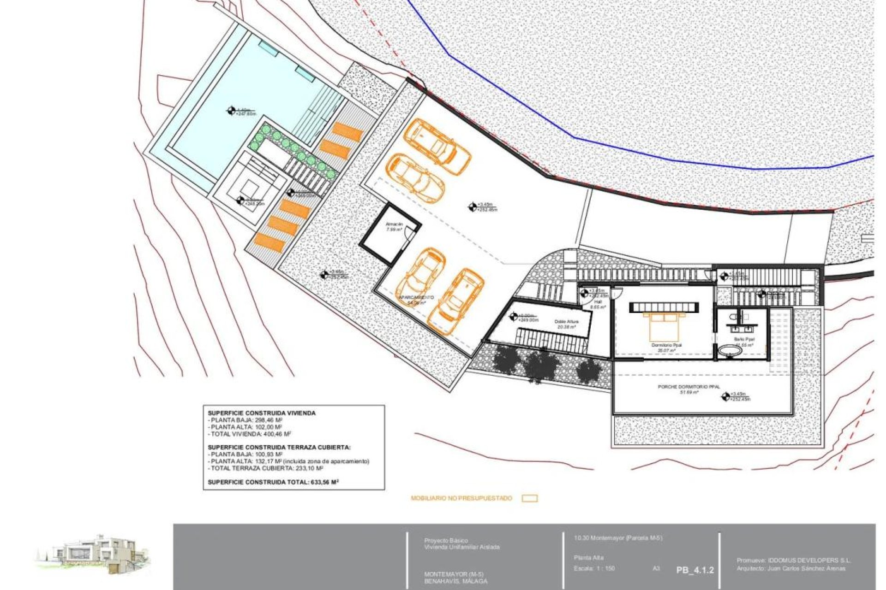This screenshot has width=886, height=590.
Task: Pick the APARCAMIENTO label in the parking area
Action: pos(416,298)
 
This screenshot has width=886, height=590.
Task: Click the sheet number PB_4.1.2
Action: pos(695,570)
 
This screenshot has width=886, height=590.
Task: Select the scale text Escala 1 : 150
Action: pos(594,568)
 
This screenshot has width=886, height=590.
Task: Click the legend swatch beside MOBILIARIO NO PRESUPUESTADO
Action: pos(530,498)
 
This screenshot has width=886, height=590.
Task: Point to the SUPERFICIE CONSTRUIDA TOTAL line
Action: pos(273,482)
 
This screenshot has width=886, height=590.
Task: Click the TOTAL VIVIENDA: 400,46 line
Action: pos(250,434)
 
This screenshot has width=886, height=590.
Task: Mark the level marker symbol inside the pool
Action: pos(231,110)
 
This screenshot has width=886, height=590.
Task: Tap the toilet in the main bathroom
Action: pos(733,318)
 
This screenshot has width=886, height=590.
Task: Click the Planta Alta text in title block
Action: pos(589,558)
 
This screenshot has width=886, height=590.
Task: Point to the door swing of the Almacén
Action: pos(408,234)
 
